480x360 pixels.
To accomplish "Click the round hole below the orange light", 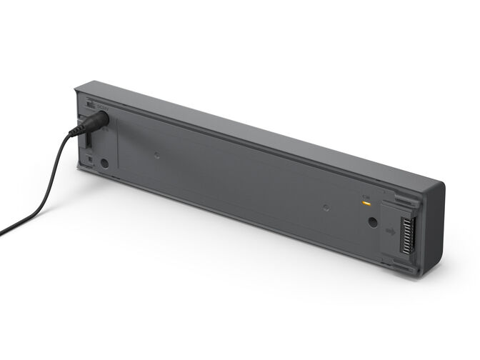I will tap(372, 222).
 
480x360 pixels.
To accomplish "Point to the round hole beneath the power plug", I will tap(104, 163).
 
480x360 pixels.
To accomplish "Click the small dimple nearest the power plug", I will tap(156, 151).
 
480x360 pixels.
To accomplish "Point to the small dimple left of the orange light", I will tap(326, 208).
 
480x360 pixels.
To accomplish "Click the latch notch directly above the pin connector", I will tap(400, 194).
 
